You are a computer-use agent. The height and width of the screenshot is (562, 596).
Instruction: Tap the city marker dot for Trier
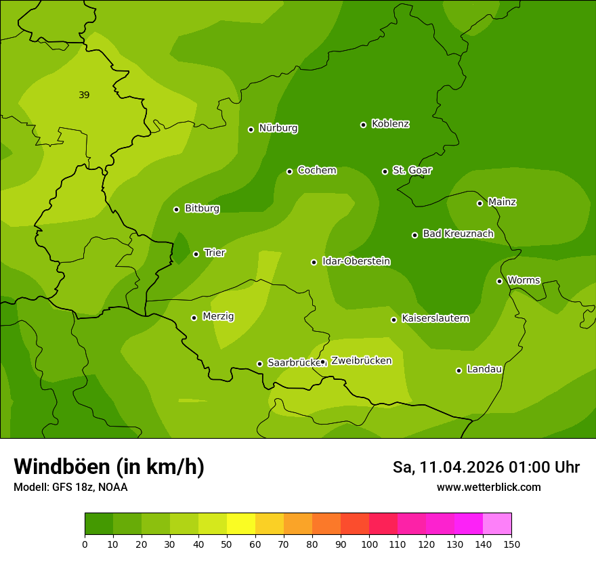click(196, 254)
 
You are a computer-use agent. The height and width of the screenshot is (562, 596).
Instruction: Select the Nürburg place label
click(278, 128)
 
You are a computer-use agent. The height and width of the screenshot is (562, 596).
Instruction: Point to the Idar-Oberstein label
click(356, 261)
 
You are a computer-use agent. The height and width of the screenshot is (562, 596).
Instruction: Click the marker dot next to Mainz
click(480, 203)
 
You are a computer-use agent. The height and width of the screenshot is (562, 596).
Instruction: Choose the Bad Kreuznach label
click(458, 234)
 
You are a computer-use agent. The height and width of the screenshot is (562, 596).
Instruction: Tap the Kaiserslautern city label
click(435, 318)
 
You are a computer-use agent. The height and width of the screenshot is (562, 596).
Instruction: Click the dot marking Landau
click(459, 370)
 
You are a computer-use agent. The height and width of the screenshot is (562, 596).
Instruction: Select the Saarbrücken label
click(293, 363)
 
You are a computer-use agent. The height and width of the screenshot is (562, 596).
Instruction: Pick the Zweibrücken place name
click(361, 361)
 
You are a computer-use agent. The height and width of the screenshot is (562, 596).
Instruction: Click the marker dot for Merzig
click(194, 318)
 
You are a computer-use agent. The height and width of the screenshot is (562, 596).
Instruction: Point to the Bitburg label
click(202, 209)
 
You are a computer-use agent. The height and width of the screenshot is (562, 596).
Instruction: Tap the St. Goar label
click(412, 170)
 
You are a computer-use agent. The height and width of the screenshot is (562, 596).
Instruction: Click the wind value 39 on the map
click(84, 95)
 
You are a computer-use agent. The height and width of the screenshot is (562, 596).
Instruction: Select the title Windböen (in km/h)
click(109, 467)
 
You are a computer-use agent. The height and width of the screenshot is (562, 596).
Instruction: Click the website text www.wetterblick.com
click(488, 487)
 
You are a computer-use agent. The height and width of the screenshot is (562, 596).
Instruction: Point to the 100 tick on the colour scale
click(369, 544)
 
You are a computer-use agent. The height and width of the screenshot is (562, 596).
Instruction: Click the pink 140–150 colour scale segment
click(497, 524)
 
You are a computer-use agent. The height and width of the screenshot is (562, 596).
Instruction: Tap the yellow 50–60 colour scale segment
click(241, 524)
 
